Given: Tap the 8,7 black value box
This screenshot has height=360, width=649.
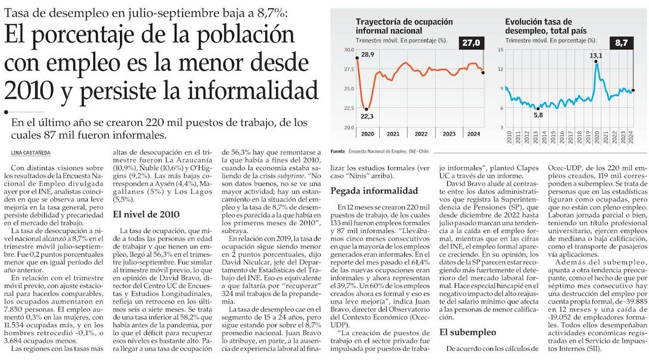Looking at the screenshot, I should pyautogui.click(x=621, y=42).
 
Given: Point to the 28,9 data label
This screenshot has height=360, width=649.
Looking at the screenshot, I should pyautogui.click(x=367, y=55).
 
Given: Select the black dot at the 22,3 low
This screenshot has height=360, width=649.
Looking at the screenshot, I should pyautogui.click(x=366, y=109).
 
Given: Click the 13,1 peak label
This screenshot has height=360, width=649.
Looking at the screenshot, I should pyautogui.click(x=596, y=56).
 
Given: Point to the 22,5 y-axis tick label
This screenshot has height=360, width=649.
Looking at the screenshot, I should pyautogui.click(x=347, y=108).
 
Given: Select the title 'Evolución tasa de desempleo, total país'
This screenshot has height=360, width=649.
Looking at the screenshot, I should pyautogui.click(x=546, y=26).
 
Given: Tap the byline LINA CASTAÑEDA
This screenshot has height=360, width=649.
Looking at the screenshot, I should pyautogui.click(x=30, y=153).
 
